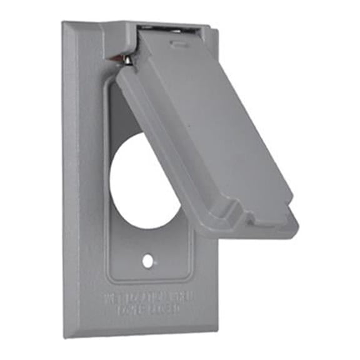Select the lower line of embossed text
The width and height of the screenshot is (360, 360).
pyautogui.click(x=149, y=308)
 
